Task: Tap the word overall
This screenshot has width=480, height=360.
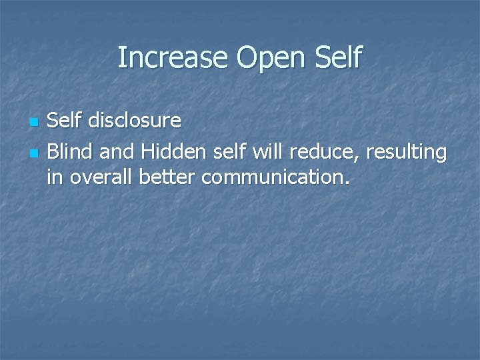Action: pyautogui.click(x=95, y=177)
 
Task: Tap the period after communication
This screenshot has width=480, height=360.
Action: pyautogui.click(x=345, y=183)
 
